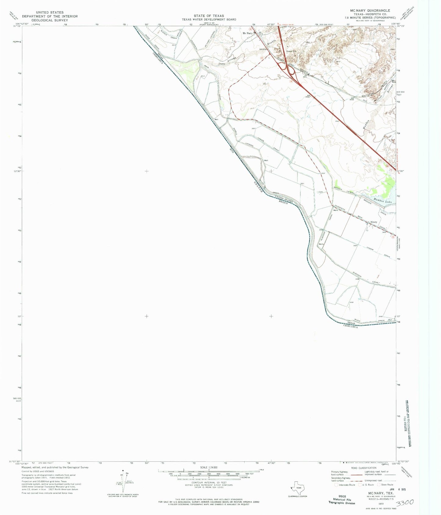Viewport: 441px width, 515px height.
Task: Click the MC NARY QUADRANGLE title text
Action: tap(370, 11)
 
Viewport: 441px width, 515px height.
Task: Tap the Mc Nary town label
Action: tap(248, 33)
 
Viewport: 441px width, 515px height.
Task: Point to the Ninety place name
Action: tap(374, 222)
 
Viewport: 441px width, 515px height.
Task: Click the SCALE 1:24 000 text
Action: tap(209, 468)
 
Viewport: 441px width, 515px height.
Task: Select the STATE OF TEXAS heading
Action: tap(209, 16)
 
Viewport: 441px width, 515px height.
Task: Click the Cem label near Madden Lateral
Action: tap(320, 192)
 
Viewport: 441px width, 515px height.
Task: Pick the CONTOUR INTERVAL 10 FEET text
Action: tap(209, 482)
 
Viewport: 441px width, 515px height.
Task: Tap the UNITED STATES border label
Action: tap(284, 199)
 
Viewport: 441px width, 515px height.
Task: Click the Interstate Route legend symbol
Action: tap(337, 485)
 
